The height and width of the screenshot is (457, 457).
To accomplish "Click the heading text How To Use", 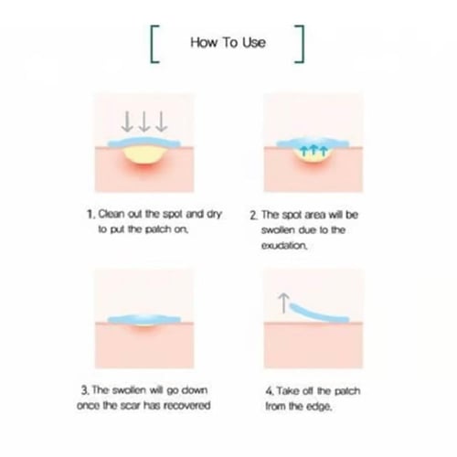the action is [228, 42].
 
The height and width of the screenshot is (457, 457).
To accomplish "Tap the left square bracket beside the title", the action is [153, 44].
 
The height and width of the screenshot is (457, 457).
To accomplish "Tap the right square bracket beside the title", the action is [302, 44].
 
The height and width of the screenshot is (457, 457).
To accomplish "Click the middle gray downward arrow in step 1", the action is [144, 122].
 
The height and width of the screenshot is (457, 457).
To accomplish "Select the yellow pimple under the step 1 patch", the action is [144, 155].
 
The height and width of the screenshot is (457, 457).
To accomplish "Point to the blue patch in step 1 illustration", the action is [144, 143].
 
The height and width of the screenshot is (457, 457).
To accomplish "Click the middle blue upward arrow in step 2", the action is [314, 151].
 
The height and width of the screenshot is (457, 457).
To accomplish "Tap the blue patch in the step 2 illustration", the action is [313, 143].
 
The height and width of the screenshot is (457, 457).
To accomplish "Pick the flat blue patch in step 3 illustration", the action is [144, 319].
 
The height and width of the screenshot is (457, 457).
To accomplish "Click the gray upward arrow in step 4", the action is [284, 303].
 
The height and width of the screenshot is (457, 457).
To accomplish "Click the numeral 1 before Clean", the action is [90, 215].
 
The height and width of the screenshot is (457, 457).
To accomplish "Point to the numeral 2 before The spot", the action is [253, 216].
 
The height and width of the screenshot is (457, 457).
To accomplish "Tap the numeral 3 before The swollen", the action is [84, 390].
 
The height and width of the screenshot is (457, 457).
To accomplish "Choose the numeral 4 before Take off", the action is [269, 391].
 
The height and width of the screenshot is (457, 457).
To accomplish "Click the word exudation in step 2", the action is [284, 245].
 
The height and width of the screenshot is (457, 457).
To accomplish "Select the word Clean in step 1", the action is [112, 214].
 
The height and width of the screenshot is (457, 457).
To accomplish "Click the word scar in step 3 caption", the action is [130, 406].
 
